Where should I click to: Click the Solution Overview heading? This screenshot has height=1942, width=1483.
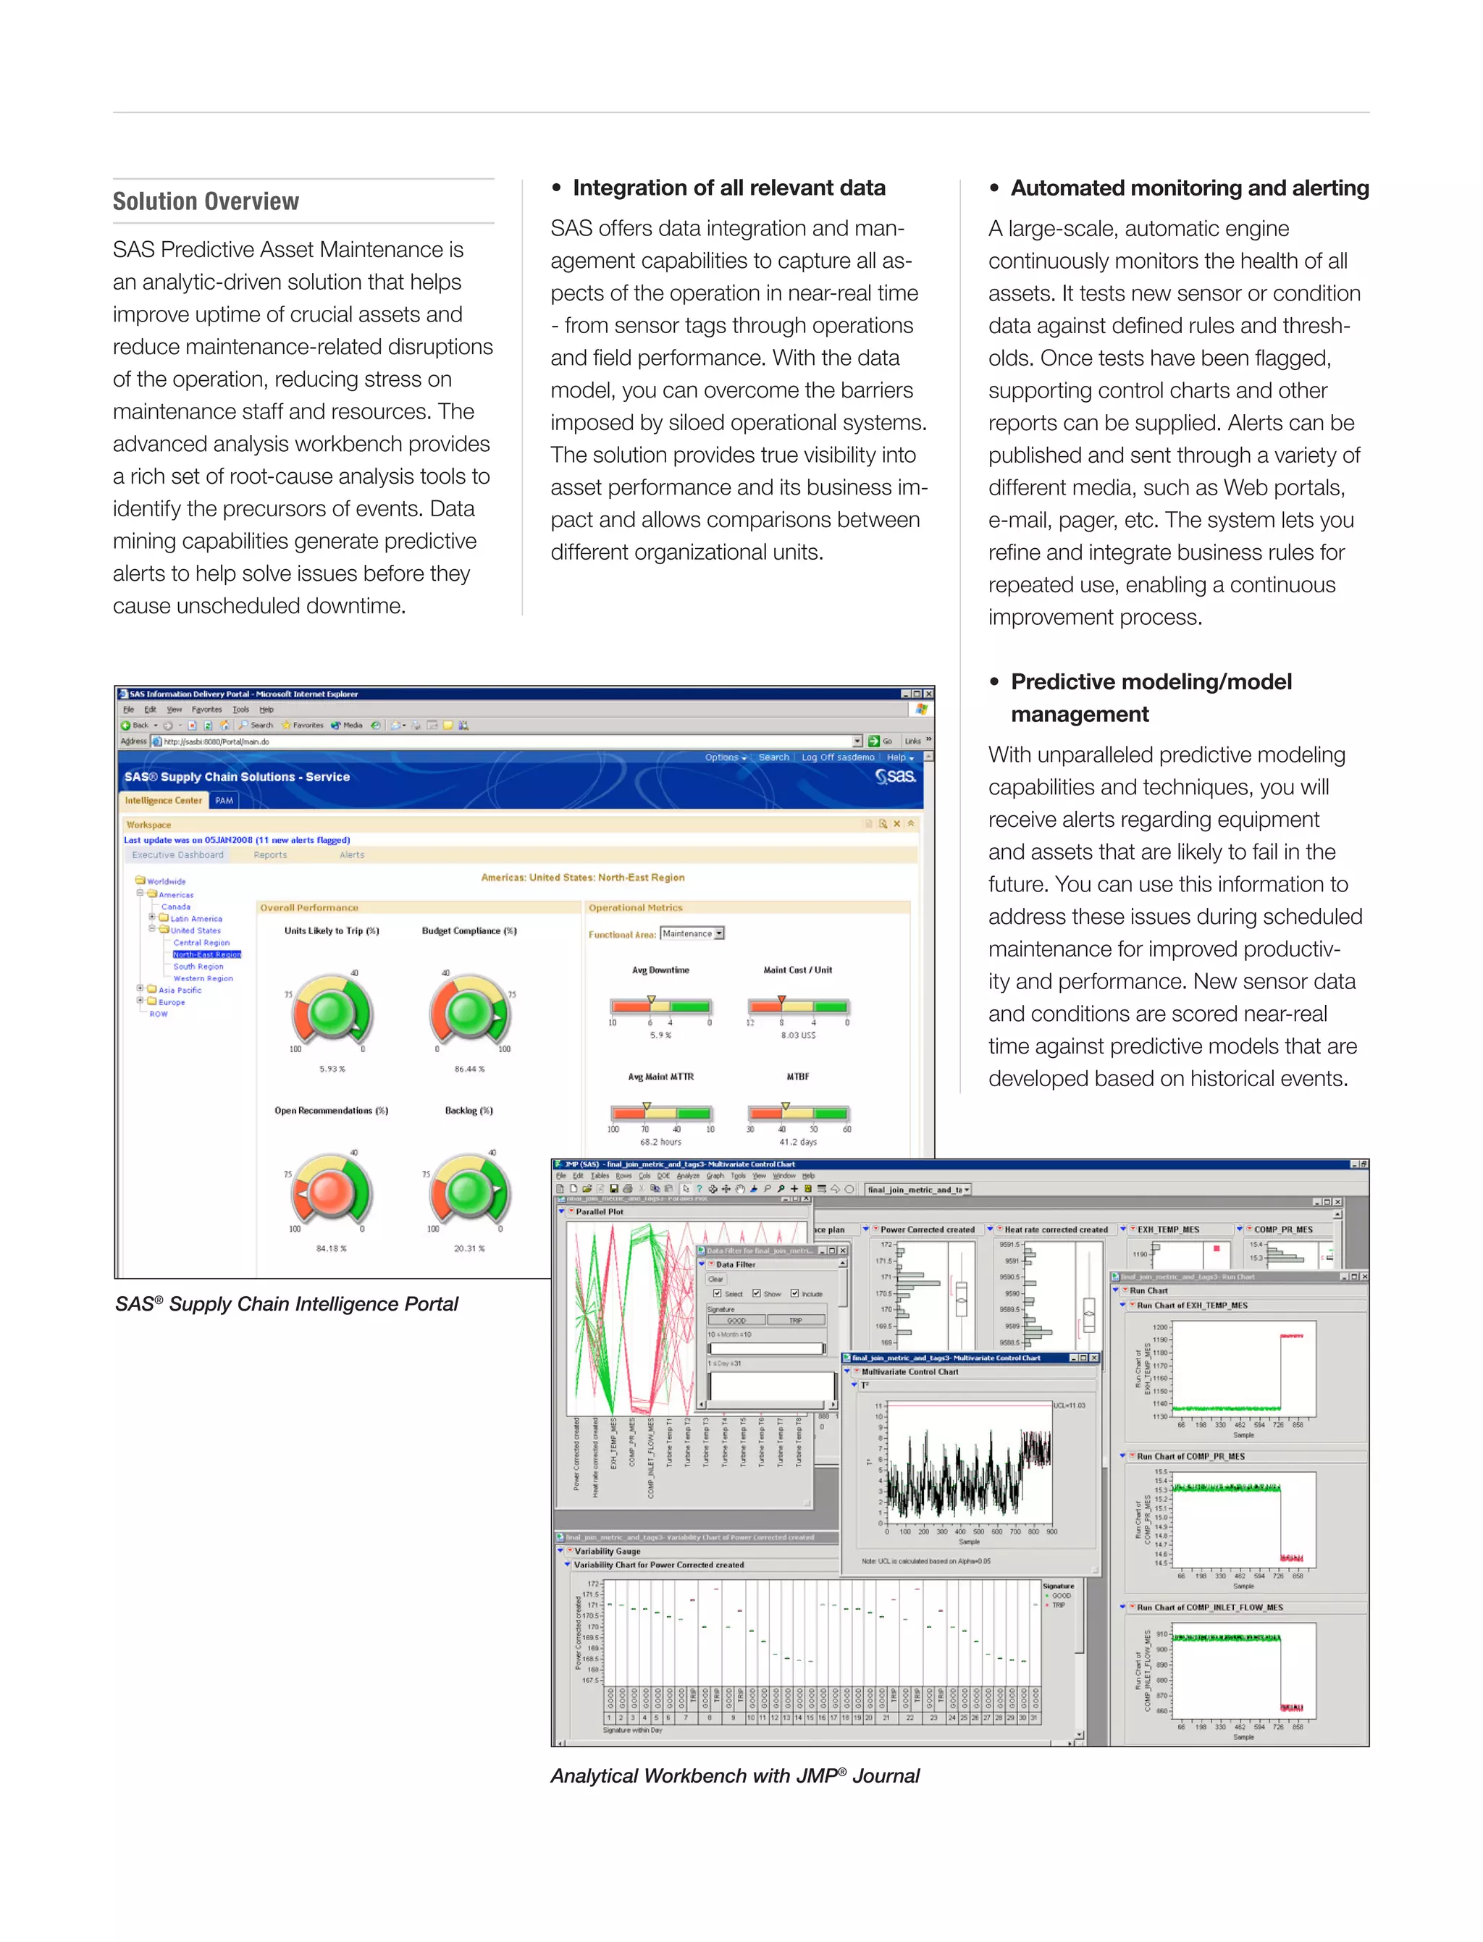[206, 201]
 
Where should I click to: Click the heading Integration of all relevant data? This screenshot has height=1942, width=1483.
[728, 188]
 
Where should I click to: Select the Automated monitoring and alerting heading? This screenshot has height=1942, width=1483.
[1189, 188]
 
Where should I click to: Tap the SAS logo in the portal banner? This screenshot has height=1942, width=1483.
[895, 776]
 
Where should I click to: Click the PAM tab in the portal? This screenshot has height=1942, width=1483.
[224, 801]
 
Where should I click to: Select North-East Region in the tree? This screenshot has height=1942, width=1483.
[206, 954]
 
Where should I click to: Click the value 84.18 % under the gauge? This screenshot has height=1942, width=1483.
[331, 1248]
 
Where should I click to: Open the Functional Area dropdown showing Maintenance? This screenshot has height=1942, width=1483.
[692, 933]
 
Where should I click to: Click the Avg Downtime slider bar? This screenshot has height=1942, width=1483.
[660, 1006]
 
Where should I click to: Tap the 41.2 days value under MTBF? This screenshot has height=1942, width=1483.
[797, 1141]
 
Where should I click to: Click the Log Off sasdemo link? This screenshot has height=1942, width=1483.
[838, 757]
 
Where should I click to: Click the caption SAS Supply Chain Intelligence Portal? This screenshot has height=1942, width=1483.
[287, 1304]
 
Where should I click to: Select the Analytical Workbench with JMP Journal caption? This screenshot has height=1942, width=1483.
[734, 1775]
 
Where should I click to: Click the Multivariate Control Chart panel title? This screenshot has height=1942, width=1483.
[909, 1371]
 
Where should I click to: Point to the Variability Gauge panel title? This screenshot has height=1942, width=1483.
[608, 1551]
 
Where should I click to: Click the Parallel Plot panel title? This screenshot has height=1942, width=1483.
[600, 1212]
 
